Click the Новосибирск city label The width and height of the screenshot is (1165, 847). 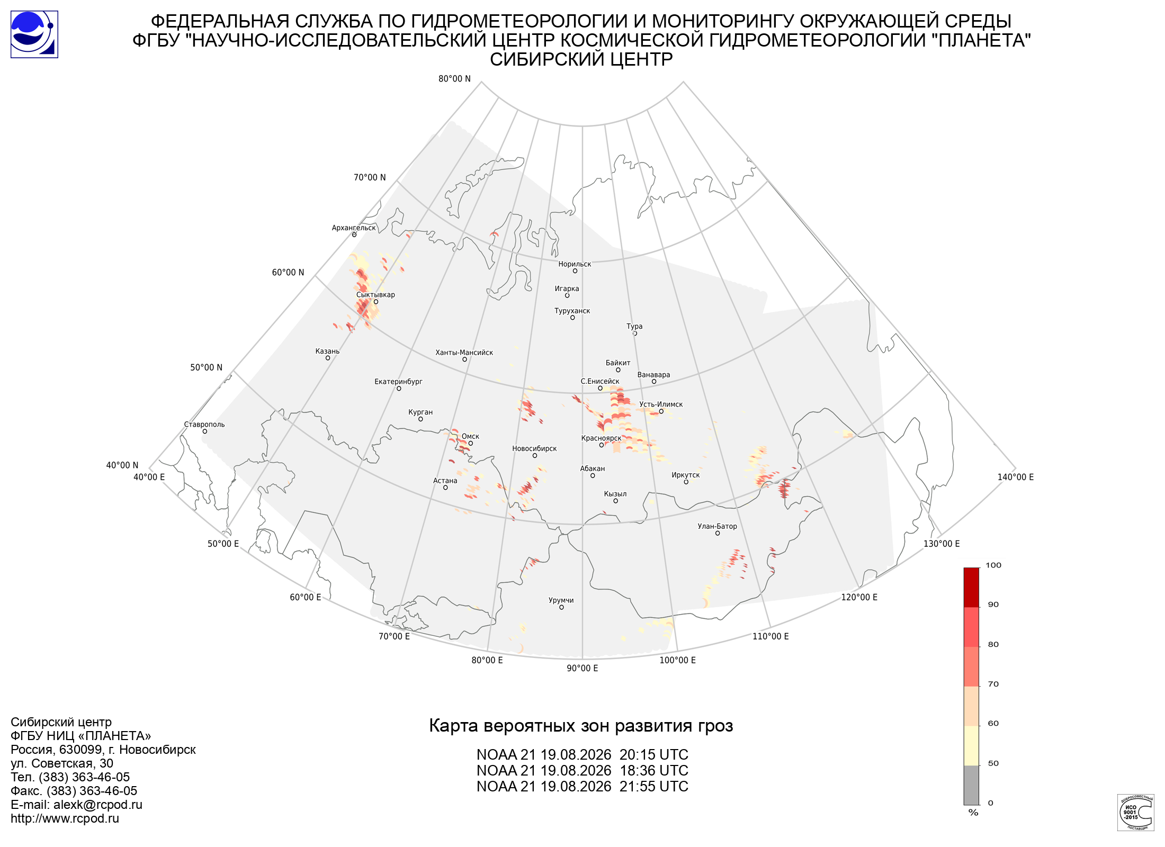pos(534,448)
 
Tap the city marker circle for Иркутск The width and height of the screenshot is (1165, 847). pos(686,482)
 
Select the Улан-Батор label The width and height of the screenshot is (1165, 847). pos(717,526)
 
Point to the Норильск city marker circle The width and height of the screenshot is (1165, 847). pos(575,271)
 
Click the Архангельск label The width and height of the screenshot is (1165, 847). pos(354,228)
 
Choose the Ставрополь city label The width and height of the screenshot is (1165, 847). pos(204,425)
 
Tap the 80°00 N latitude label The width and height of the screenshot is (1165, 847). pos(454,79)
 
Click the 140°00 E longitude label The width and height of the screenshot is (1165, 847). pos(1016,477)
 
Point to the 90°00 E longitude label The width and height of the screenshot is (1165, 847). pos(582,668)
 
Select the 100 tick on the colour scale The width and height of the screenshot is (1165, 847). pos(993,565)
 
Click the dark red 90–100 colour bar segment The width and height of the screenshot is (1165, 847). pos(971,588)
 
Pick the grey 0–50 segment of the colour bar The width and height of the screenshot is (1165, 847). pos(971,785)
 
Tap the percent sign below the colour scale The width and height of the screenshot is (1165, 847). pos(973,813)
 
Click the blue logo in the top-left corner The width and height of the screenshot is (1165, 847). pos(34,34)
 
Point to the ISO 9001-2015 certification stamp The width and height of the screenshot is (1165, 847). pos(1135,812)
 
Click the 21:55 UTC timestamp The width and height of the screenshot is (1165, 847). pos(654,787)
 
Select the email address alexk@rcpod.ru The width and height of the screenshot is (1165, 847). pos(98,805)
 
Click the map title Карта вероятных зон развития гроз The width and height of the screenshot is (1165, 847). pos(581,726)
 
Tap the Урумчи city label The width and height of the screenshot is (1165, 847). pos(561,600)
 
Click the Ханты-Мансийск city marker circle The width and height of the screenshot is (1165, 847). pos(464,359)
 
